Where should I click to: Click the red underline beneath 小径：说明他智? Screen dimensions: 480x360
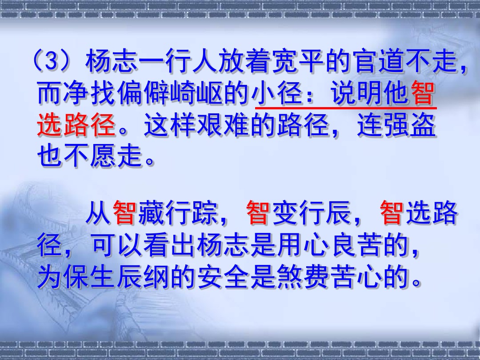346,108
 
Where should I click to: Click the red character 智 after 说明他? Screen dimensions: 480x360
423,93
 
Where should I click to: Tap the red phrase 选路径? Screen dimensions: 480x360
76,125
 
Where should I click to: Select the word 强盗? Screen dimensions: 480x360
410,125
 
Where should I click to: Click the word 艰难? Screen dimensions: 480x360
224,125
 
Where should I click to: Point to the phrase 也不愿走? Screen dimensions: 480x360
90,156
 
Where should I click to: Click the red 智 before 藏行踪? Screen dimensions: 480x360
125,212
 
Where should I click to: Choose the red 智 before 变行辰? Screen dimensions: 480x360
258,212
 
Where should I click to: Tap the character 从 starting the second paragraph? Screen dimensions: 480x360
98,212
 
